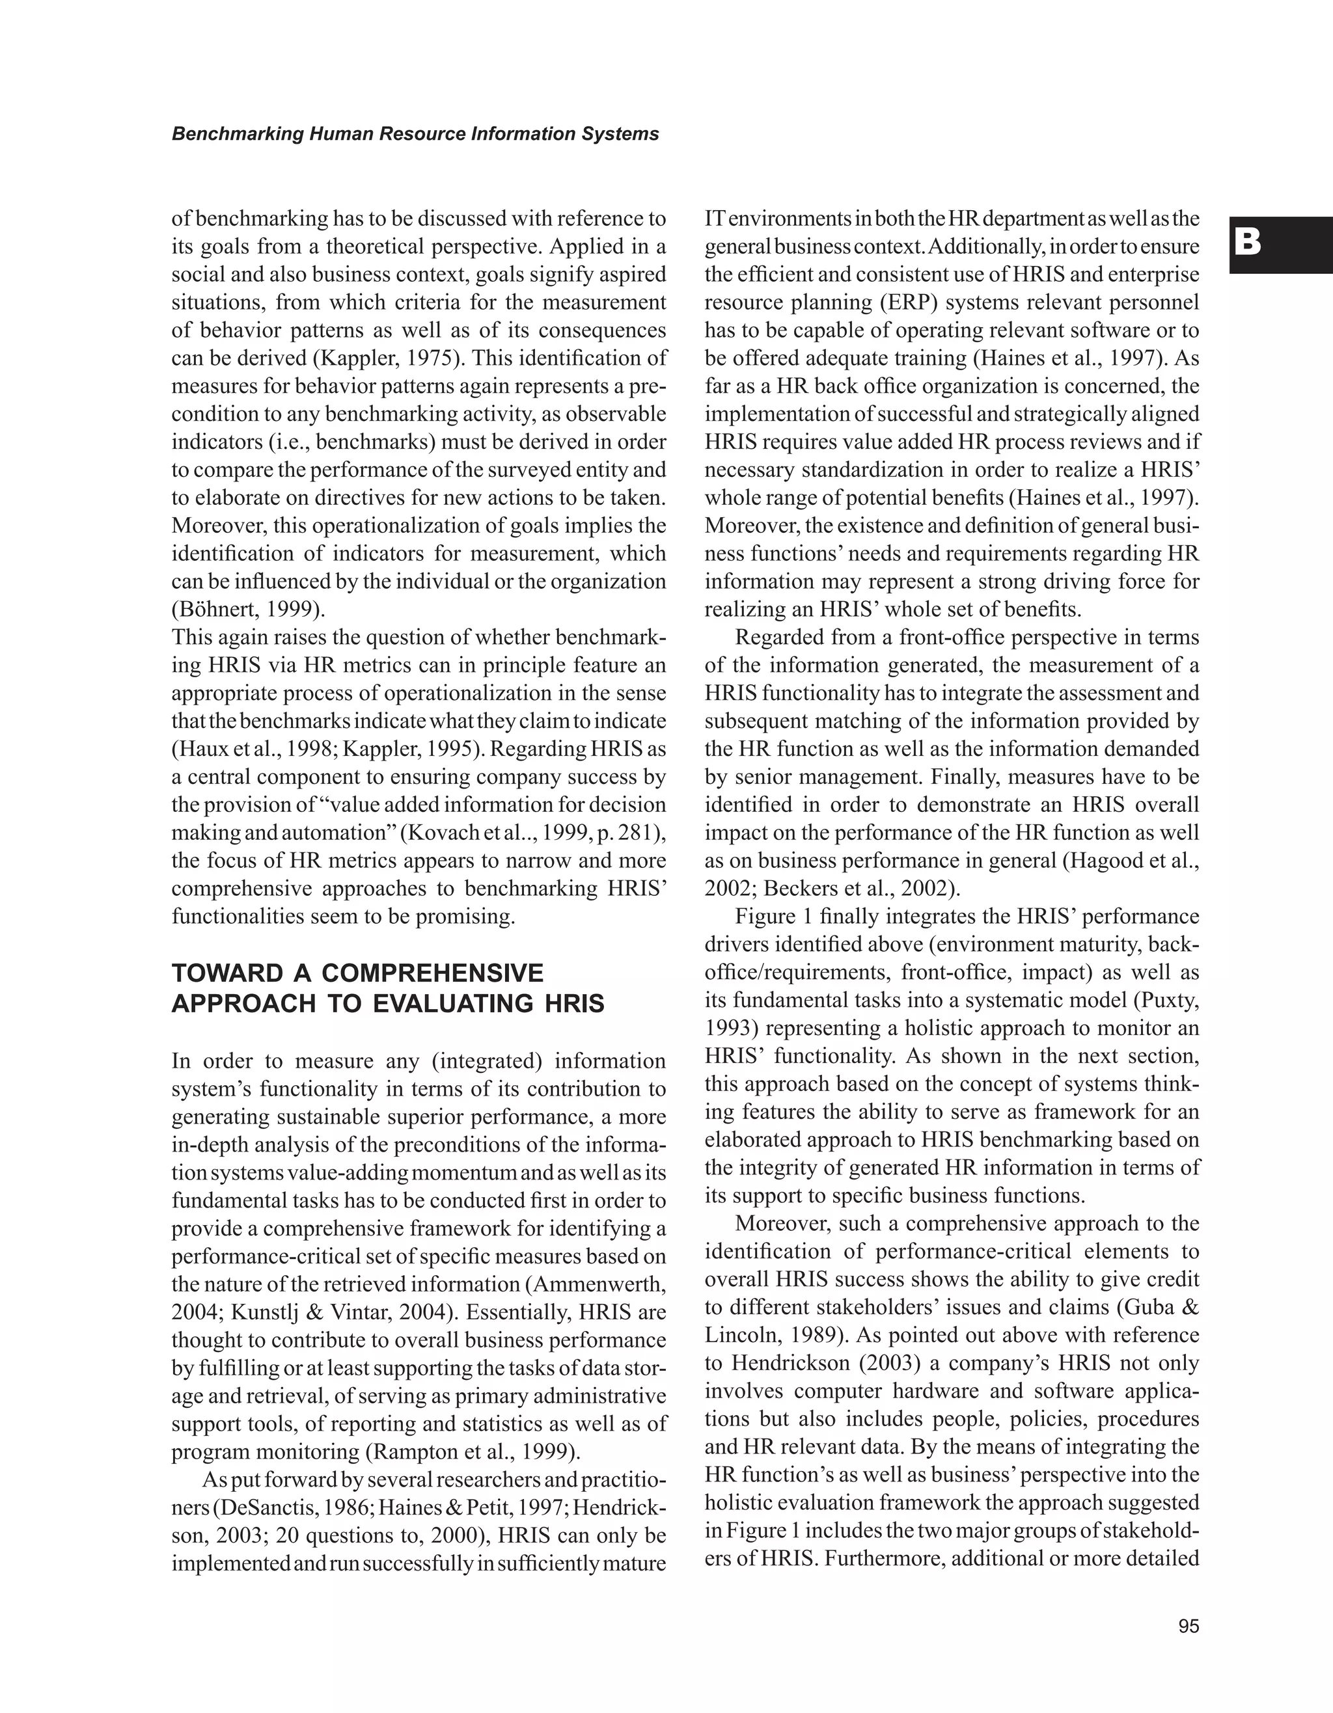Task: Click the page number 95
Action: (x=1188, y=1626)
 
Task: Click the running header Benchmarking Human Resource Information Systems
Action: (x=415, y=134)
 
